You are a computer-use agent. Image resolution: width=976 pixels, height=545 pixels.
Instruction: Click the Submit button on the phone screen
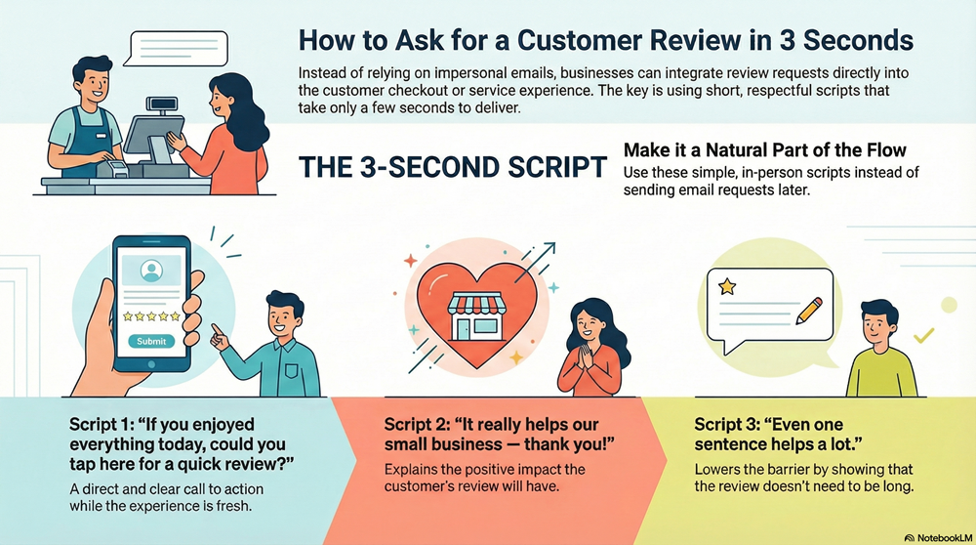click(151, 341)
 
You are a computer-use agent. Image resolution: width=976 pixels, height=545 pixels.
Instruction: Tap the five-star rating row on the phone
click(151, 315)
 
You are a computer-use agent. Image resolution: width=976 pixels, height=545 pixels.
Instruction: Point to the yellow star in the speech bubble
click(726, 287)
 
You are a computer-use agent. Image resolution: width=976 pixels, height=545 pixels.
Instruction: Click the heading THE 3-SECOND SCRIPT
click(452, 167)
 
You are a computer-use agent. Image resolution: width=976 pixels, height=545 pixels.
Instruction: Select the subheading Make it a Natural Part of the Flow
click(764, 150)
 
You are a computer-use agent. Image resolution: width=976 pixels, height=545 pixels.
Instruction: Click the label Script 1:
click(106, 425)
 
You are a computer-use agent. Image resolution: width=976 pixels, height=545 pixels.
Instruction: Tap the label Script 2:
click(422, 426)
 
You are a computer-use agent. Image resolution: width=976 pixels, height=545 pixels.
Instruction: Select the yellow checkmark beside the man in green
click(922, 337)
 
